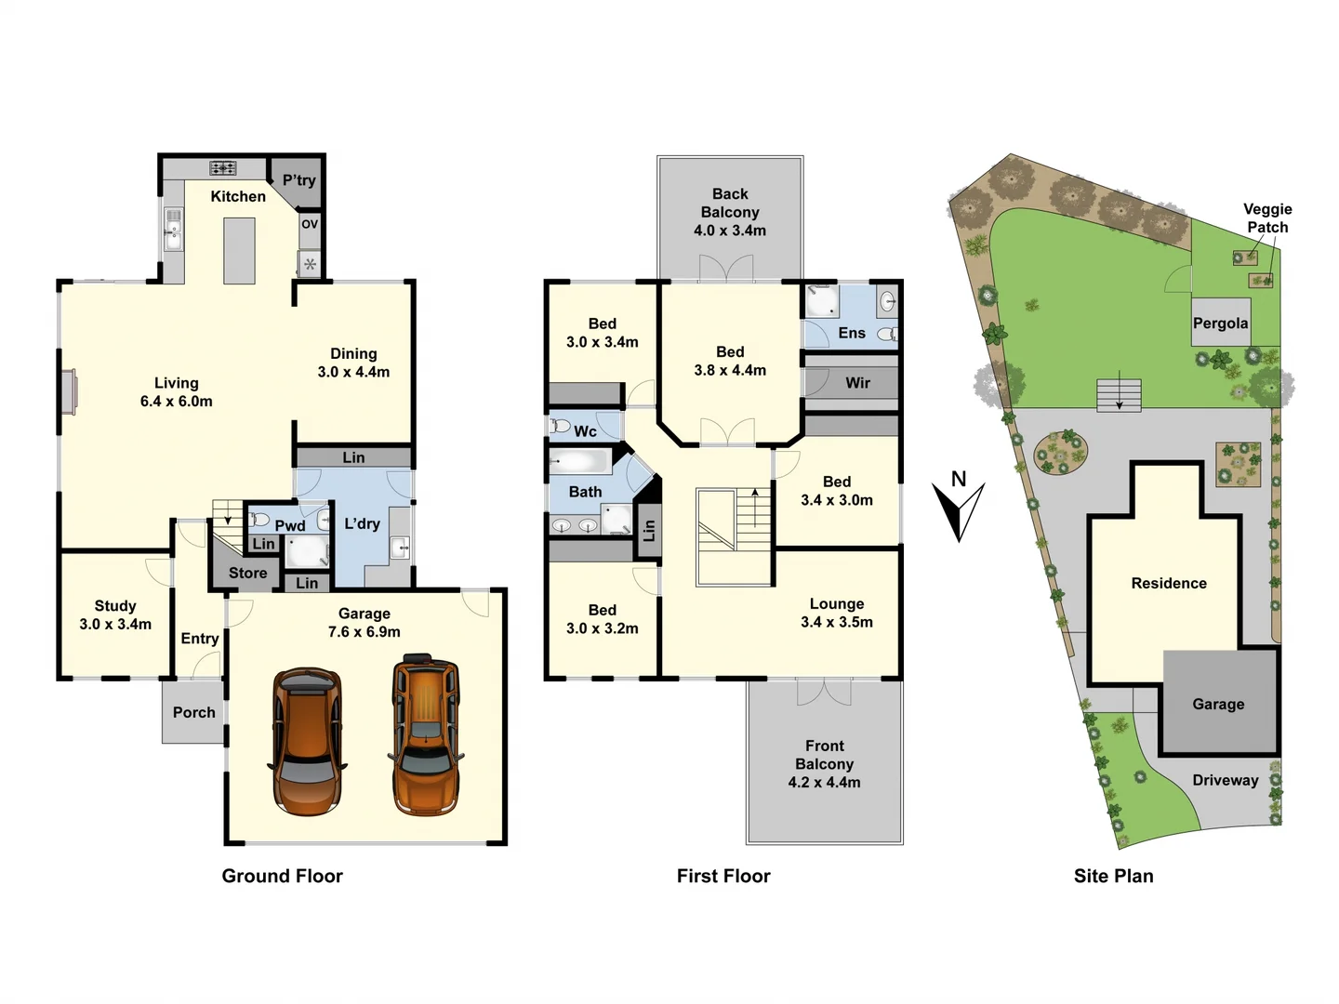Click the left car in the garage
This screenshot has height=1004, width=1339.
307,741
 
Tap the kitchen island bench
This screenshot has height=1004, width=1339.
239,250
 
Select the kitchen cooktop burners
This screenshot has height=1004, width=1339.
223,168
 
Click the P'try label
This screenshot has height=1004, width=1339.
298,180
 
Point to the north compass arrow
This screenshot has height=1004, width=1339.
959,509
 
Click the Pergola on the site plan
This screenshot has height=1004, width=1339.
1220,323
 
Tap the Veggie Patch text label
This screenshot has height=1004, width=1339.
1267,218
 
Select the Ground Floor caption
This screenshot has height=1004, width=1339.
282,876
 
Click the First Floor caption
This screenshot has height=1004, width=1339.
723,876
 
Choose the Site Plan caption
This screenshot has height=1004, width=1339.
1113,876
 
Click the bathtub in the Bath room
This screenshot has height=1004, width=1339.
579,461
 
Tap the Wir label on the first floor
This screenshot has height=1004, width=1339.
857,383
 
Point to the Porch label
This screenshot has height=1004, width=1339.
193,712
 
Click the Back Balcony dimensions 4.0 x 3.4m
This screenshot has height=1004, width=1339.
730,231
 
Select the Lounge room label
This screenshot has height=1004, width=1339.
836,604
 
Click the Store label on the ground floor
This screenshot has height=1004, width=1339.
247,573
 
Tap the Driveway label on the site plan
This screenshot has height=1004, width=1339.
1225,780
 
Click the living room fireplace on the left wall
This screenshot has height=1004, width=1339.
69,391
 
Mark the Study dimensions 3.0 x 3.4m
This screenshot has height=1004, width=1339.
115,625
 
